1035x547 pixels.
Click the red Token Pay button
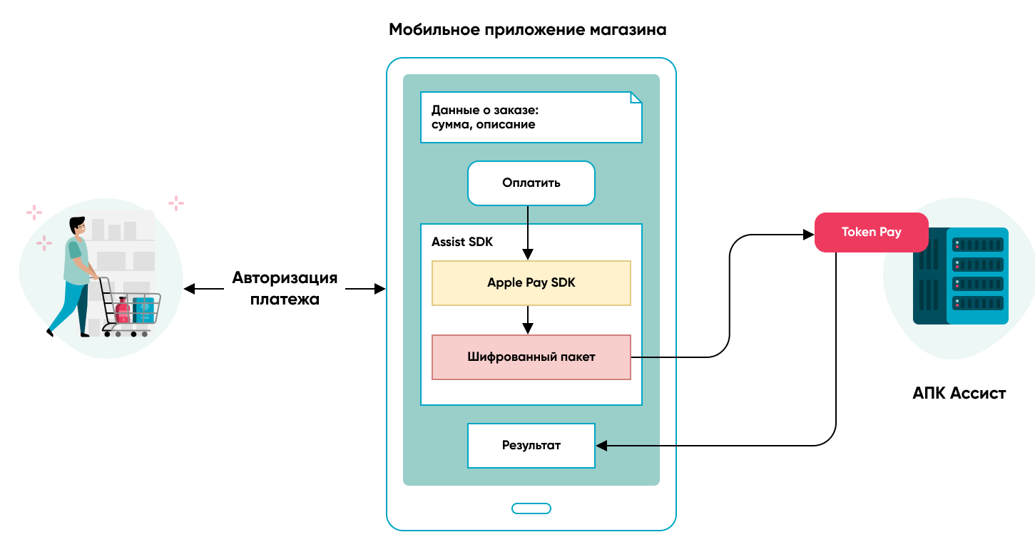pyautogui.click(x=871, y=232)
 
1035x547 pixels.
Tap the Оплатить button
pyautogui.click(x=531, y=183)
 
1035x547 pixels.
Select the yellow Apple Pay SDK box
pyautogui.click(x=531, y=283)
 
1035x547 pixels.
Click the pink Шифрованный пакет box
pyautogui.click(x=531, y=357)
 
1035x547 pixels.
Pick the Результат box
pyautogui.click(x=531, y=446)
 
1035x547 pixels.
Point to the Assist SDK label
pyautogui.click(x=462, y=242)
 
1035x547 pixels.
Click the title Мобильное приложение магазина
pyautogui.click(x=528, y=30)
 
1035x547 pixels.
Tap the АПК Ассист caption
pyautogui.click(x=959, y=393)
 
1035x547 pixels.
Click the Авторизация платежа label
pyautogui.click(x=284, y=288)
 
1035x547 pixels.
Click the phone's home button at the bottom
pyautogui.click(x=531, y=508)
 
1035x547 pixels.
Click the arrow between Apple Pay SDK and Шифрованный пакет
pyautogui.click(x=528, y=319)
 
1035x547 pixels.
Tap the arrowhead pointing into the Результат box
pyautogui.click(x=601, y=446)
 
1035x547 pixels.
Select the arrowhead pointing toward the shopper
pyautogui.click(x=189, y=289)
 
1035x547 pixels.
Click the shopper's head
pyautogui.click(x=78, y=226)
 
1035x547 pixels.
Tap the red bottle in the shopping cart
pyautogui.click(x=122, y=310)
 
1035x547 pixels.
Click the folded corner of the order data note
pyautogui.click(x=636, y=98)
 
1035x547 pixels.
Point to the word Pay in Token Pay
pyautogui.click(x=889, y=232)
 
